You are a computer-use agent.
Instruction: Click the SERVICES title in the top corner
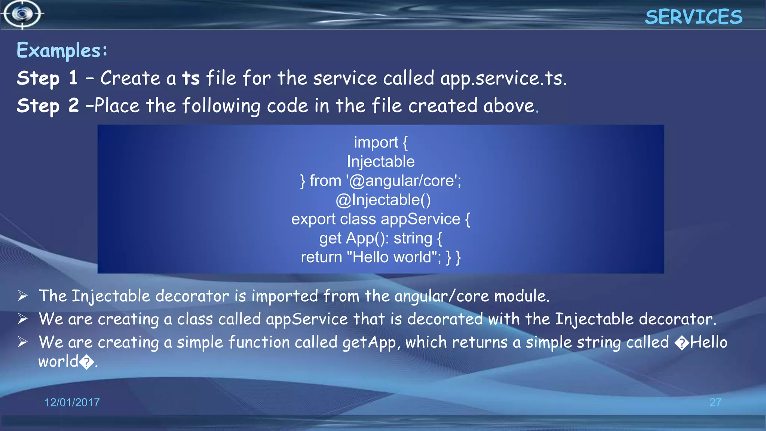[693, 17]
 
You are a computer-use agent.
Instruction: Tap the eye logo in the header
[22, 14]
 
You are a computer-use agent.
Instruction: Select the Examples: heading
[62, 51]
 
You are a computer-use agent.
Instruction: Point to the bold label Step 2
[48, 106]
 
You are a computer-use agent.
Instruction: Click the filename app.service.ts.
[503, 79]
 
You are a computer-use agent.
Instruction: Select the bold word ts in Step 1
[191, 79]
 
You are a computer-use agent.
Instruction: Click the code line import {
[381, 143]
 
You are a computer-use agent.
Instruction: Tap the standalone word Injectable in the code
[381, 162]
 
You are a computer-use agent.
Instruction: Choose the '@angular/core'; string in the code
[404, 181]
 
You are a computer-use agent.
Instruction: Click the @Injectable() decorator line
[383, 200]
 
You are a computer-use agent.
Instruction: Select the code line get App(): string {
[381, 239]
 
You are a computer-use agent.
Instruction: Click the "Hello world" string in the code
[393, 257]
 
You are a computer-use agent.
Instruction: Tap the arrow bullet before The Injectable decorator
[23, 296]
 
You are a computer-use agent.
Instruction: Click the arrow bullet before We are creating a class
[23, 319]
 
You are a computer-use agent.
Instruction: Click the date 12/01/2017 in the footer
[72, 403]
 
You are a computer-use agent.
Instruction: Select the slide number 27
[715, 403]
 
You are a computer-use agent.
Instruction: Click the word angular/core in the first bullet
[441, 296]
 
